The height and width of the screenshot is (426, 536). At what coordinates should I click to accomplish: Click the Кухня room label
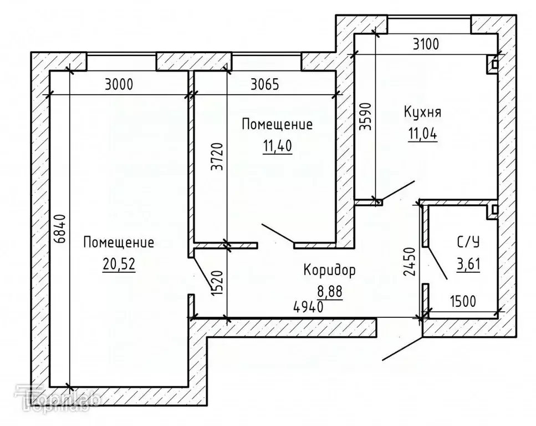(x=422, y=113)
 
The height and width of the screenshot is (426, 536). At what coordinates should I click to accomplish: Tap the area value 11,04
(x=422, y=134)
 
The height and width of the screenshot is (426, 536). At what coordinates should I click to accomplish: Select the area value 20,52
(x=119, y=263)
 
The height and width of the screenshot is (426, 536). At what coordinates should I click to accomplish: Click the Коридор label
(x=329, y=270)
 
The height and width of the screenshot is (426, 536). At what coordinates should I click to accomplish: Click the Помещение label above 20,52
(x=119, y=242)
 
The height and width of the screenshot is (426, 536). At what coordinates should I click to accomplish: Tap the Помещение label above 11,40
(x=277, y=124)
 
